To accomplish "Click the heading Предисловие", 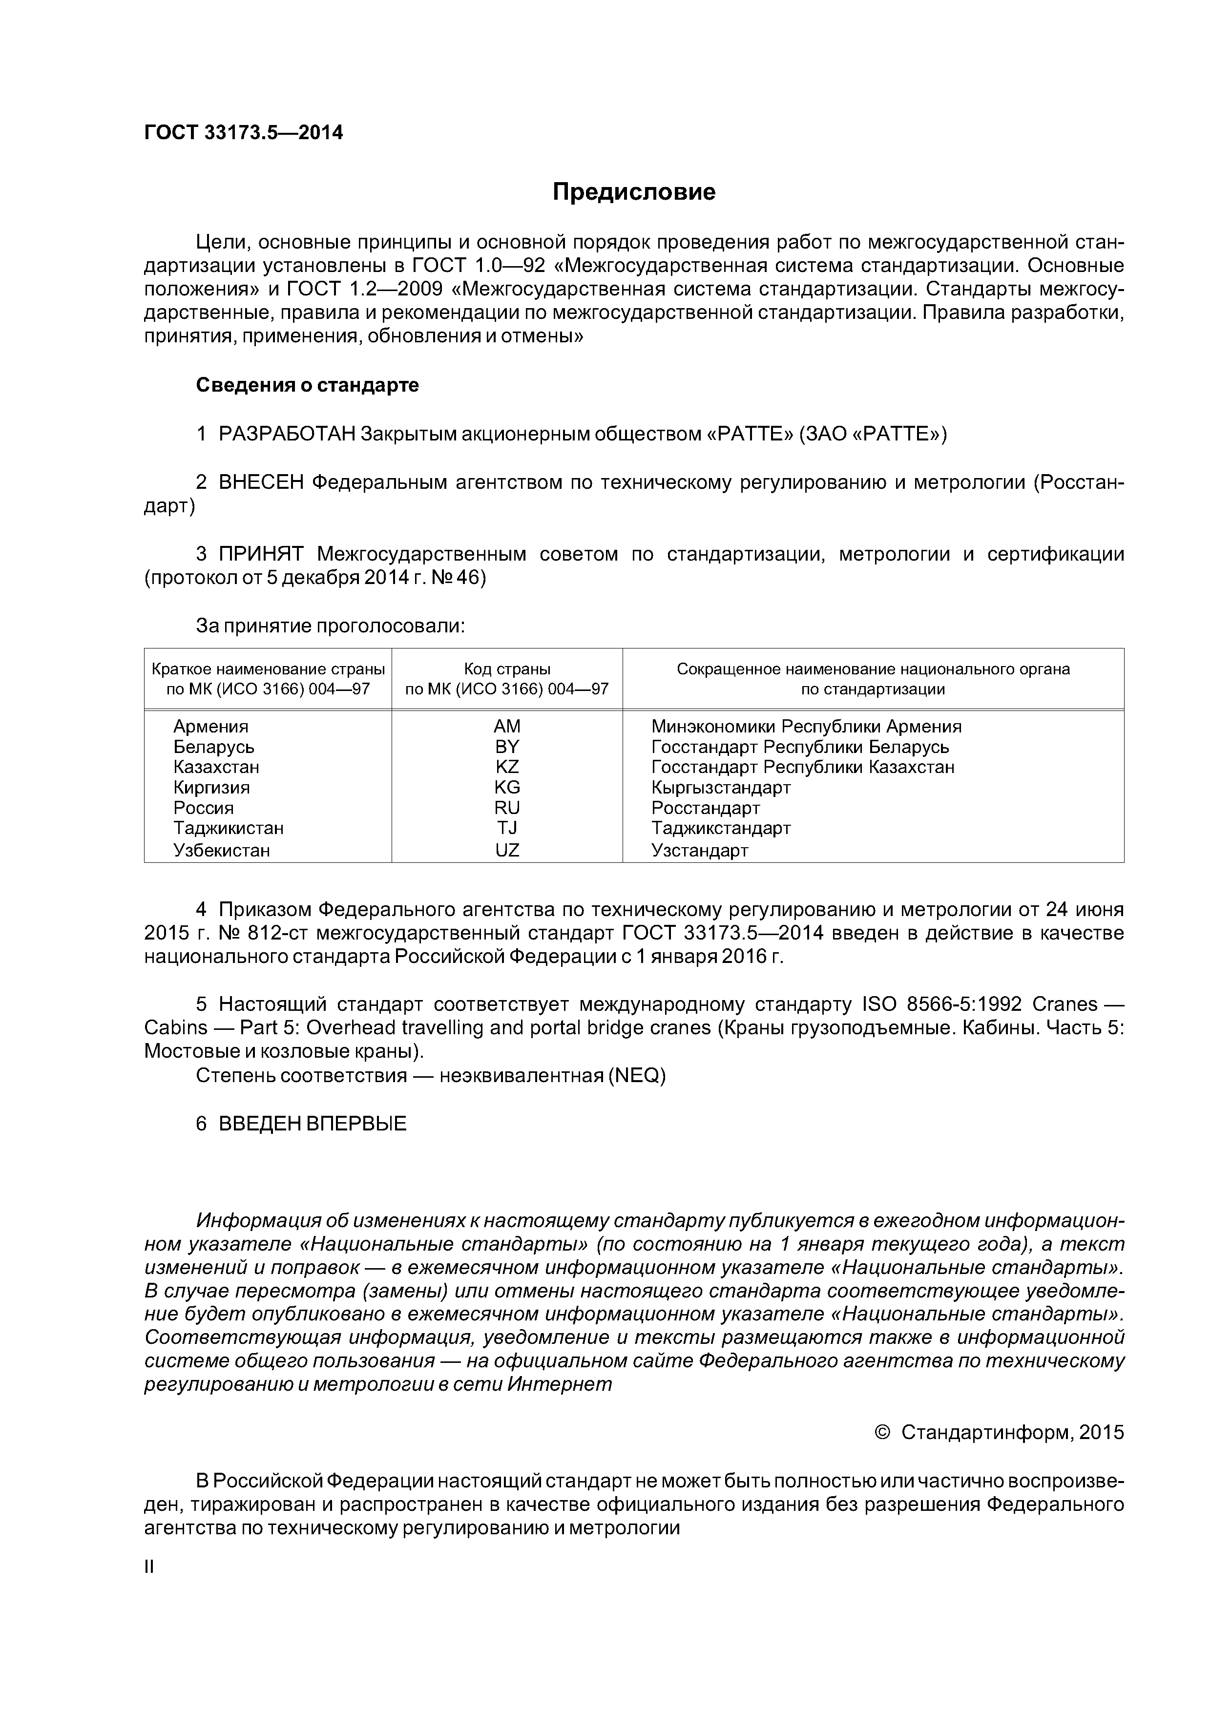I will pyautogui.click(x=633, y=192).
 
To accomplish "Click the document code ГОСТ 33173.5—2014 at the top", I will pyautogui.click(x=243, y=133).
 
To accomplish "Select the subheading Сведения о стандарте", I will pyautogui.click(x=308, y=385).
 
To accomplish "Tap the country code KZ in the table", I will pyautogui.click(x=507, y=767).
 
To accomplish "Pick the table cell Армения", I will pyautogui.click(x=210, y=727).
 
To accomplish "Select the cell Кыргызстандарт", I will pyautogui.click(x=721, y=787).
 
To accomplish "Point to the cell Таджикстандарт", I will pyautogui.click(x=721, y=828).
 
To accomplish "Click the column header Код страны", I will pyautogui.click(x=507, y=669).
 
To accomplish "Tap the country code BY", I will pyautogui.click(x=507, y=747).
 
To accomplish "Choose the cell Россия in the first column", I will pyautogui.click(x=203, y=808).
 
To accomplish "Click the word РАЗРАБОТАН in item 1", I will pyautogui.click(x=287, y=434).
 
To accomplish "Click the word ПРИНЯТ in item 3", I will pyautogui.click(x=261, y=554).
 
